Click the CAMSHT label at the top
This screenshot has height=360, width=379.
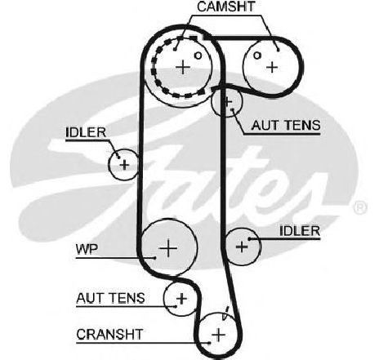coord(226,7)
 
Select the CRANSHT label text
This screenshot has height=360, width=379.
coord(109,335)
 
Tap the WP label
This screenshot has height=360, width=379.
coord(87,249)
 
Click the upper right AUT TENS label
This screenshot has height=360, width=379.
coord(286,126)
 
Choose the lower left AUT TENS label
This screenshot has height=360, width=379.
coord(110,298)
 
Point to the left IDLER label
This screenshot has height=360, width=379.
coord(86,132)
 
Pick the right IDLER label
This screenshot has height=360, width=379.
coord(300,231)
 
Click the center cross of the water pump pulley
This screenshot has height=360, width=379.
coord(168,248)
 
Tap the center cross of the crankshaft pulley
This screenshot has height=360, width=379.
coord(218,335)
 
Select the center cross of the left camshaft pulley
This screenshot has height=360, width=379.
coord(183,67)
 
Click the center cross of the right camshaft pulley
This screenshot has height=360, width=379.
coord(272,67)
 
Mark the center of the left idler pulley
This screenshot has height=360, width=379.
coord(124,165)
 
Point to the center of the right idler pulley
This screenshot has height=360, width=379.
coord(242,247)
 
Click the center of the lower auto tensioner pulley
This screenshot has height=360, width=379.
coord(181,299)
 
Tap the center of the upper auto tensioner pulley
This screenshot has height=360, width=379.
coord(227,102)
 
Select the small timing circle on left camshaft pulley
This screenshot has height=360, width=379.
coord(198,56)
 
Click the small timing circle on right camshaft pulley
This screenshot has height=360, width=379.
coord(256,56)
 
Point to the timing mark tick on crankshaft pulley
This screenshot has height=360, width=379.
coord(225,313)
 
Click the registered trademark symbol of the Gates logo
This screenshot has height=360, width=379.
coord(359,207)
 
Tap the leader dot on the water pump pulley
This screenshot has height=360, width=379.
coord(154,257)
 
